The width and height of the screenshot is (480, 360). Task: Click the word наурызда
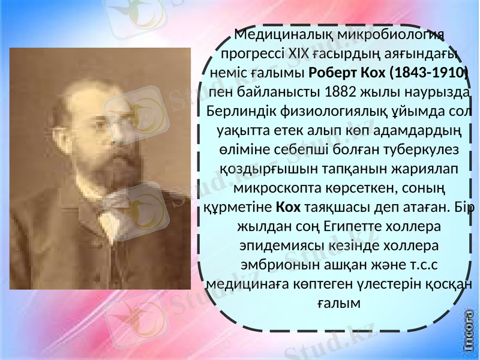pos(439,92)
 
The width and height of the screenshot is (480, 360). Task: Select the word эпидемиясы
pos(281,247)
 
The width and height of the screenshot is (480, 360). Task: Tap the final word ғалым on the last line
pos(338,304)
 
